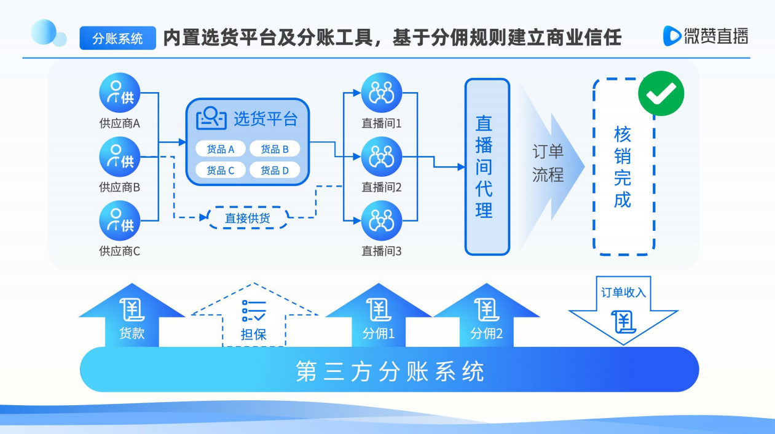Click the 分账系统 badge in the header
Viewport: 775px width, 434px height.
pyautogui.click(x=117, y=38)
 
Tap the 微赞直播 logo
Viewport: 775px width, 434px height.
pyautogui.click(x=706, y=36)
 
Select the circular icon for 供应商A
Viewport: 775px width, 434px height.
pyautogui.click(x=120, y=93)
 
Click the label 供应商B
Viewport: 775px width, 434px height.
pyautogui.click(x=120, y=187)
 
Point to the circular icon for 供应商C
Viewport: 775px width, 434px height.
pyautogui.click(x=120, y=220)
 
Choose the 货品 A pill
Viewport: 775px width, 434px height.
pyautogui.click(x=221, y=149)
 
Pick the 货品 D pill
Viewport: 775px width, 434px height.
pyautogui.click(x=275, y=170)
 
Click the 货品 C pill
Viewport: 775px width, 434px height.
pyautogui.click(x=221, y=170)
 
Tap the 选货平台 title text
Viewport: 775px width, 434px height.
pyautogui.click(x=266, y=119)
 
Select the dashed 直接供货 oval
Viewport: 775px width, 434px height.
pyautogui.click(x=248, y=218)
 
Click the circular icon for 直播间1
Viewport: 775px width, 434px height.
pyautogui.click(x=382, y=93)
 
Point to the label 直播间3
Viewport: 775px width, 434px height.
pyautogui.click(x=382, y=251)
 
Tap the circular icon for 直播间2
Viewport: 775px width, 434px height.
pyautogui.click(x=382, y=157)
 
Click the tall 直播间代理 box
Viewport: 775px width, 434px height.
pyautogui.click(x=487, y=167)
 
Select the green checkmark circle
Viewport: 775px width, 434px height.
pyautogui.click(x=661, y=93)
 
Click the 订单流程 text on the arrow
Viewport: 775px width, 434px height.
pyautogui.click(x=548, y=163)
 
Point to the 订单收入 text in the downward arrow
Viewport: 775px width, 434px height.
pyautogui.click(x=623, y=293)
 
